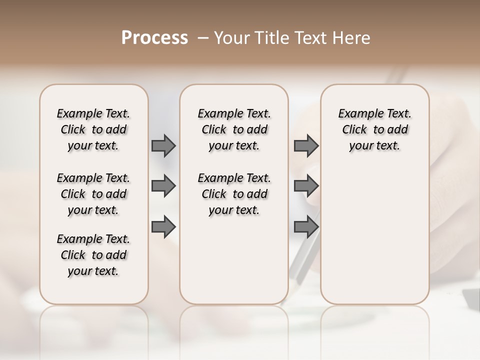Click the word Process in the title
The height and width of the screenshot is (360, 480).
(154, 37)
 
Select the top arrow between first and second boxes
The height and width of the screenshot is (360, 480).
(163, 145)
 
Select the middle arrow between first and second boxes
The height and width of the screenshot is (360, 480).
(163, 186)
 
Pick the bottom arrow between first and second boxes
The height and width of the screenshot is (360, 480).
(163, 227)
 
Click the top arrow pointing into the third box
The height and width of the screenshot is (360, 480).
(306, 145)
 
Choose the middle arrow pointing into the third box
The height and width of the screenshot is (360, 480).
(306, 186)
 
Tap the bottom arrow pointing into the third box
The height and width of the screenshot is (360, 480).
(306, 227)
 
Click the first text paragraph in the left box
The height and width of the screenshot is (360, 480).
(93, 129)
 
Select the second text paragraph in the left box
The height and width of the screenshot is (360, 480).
(93, 194)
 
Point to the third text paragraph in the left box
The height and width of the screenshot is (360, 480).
(93, 255)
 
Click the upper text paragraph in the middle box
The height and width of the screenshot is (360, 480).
(234, 129)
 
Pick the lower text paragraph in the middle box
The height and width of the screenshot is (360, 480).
(234, 194)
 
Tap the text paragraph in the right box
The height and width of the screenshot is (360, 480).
(374, 129)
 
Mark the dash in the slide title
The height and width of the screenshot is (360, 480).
(202, 38)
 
